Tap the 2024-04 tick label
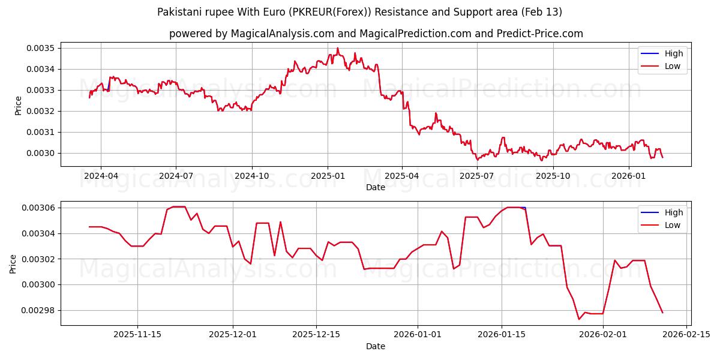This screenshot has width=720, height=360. pos(101,176)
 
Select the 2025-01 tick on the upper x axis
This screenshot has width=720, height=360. pos(328,176)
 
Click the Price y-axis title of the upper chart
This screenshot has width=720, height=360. pos(18,105)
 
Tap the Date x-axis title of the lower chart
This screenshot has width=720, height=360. pos(376,346)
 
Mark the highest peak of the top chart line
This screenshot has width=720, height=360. pos(337,48)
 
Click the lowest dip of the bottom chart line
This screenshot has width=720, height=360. pos(579,319)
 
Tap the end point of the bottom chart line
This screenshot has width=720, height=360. pos(662,313)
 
